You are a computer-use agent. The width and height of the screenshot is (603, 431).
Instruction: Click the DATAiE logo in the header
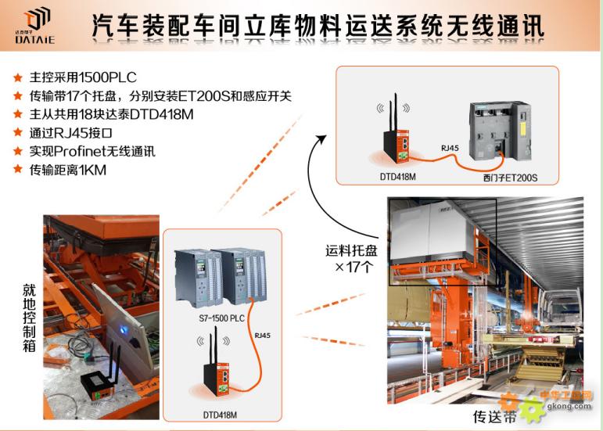point(34,25)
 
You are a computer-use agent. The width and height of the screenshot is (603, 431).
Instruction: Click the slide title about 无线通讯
point(318,26)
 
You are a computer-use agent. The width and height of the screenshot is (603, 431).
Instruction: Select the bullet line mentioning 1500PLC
point(83,77)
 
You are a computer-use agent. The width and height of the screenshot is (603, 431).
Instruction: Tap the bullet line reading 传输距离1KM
point(68,170)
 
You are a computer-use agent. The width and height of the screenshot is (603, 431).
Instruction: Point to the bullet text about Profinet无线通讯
point(92,152)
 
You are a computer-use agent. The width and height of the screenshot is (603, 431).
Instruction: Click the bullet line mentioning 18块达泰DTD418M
point(112,114)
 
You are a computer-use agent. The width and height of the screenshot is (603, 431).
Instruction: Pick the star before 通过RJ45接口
point(18,133)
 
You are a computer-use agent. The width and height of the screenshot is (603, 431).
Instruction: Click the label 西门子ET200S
point(510,178)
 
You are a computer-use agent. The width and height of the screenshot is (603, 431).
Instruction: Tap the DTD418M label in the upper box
point(397,177)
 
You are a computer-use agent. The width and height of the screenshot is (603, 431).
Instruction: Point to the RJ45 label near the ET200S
point(450,148)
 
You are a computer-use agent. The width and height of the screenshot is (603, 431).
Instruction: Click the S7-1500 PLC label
point(221,318)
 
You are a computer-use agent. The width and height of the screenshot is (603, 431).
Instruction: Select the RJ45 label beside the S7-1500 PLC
point(262,336)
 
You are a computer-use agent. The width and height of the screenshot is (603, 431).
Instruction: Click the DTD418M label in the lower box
point(220,415)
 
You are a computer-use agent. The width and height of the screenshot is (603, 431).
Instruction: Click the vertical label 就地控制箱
point(29,318)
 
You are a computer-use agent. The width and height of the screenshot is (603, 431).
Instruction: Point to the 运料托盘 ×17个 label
point(351,258)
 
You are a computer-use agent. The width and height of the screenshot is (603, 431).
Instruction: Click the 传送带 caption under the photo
point(494,417)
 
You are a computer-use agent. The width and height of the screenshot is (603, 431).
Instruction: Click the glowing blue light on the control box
point(124,329)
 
